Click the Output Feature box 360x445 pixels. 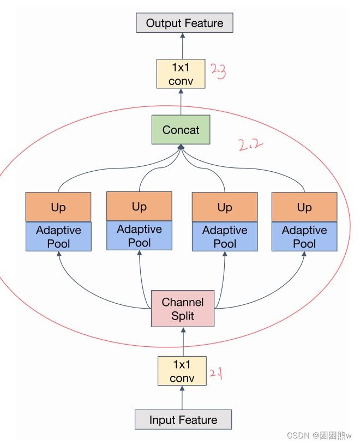click(184, 23)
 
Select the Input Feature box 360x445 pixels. click(183, 420)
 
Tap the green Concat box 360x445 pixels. click(181, 130)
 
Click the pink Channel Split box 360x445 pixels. click(183, 309)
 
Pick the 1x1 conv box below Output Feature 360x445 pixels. click(181, 74)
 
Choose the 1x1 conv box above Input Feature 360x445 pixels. click(182, 371)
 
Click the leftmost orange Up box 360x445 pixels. click(58, 207)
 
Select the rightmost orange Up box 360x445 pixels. click(304, 207)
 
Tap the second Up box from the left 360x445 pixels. click(139, 206)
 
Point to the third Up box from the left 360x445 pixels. click(225, 207)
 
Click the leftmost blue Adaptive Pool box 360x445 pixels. click(58, 237)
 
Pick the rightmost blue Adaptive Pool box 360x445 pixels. click(304, 237)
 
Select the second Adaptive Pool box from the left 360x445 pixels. click(139, 236)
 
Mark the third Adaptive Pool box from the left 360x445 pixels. click(225, 237)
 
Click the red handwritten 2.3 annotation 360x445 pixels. click(218, 71)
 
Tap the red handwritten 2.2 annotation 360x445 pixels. click(251, 145)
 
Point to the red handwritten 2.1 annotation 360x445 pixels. click(216, 375)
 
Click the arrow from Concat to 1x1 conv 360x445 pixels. click(181, 102)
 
